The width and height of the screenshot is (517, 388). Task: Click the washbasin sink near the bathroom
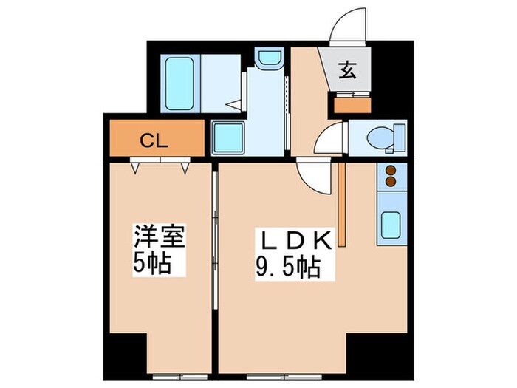click(x=267, y=60)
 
